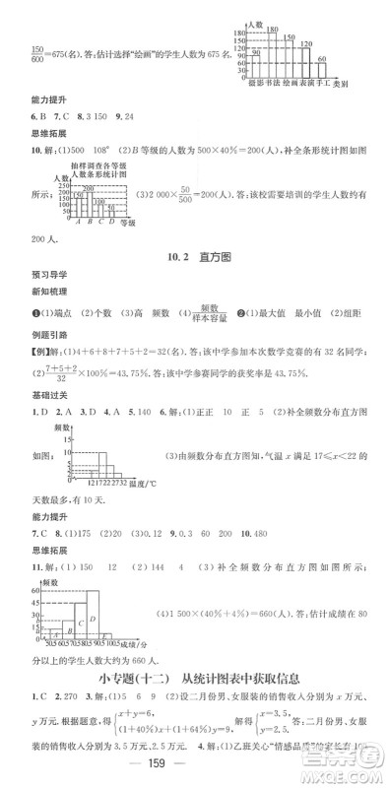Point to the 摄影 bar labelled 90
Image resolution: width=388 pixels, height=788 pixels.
tap(255, 65)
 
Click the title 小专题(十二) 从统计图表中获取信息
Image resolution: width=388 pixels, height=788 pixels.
tap(201, 676)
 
